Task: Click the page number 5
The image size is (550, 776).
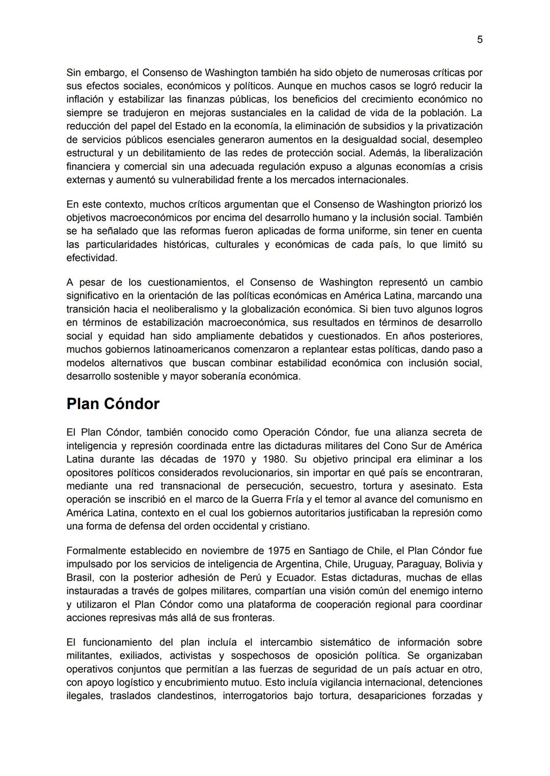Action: [479, 40]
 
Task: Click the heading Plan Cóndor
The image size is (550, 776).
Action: [113, 404]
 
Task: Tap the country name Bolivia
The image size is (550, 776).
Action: [460, 564]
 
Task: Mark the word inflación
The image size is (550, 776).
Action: [85, 99]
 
